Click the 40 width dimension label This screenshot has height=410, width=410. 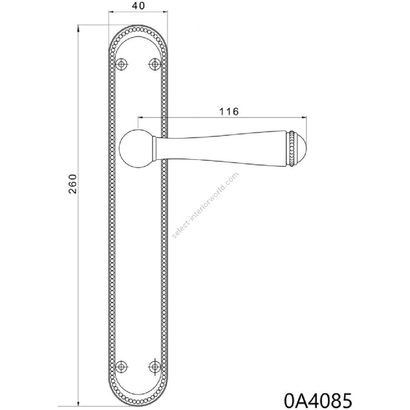point(138,6)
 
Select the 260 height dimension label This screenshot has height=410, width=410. point(72,184)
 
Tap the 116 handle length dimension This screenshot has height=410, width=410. point(229,112)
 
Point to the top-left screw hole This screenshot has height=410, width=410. point(121,64)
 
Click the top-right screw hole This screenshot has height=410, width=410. point(154,64)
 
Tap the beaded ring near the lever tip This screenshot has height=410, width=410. point(291,148)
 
